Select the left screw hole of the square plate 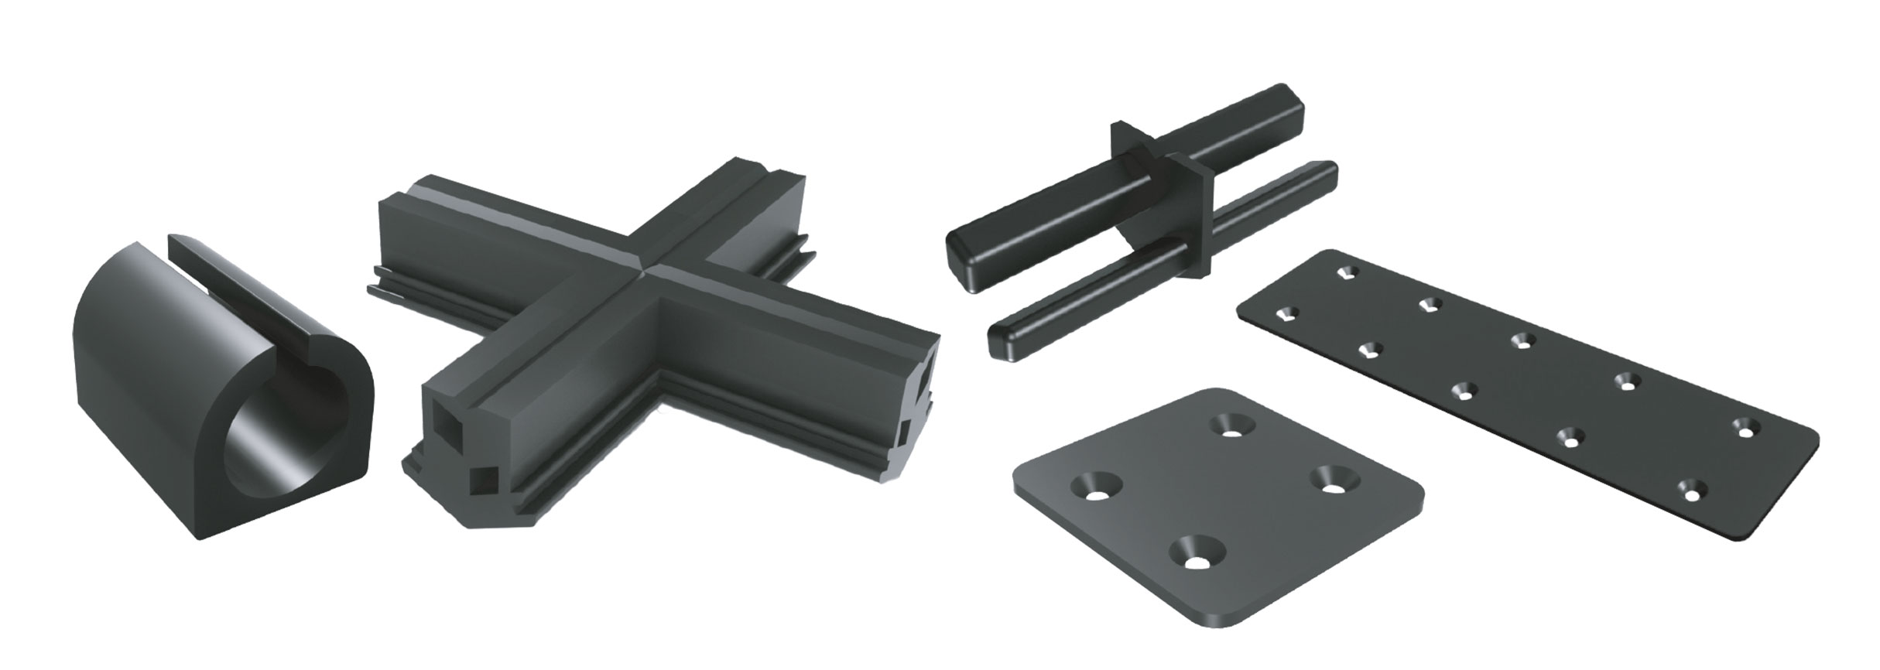[x=1097, y=486]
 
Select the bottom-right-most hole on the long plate [x=1691, y=489]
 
